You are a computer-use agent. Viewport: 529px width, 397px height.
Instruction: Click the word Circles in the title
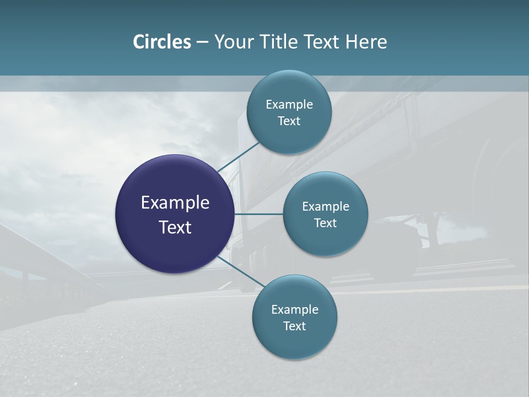click(161, 42)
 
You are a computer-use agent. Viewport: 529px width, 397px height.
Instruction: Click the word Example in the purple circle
click(175, 203)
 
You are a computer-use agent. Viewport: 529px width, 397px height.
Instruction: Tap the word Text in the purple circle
click(175, 227)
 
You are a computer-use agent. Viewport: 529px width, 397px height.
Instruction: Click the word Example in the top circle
click(289, 105)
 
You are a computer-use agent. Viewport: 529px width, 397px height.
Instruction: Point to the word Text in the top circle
click(289, 121)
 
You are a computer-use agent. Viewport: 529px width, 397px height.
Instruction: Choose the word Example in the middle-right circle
click(326, 207)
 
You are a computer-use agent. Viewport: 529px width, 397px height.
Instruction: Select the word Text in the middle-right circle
click(326, 223)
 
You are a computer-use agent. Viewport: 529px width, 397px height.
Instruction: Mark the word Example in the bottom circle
click(295, 310)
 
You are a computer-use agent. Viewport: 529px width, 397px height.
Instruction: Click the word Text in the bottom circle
click(295, 326)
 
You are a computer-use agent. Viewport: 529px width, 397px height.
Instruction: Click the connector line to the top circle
click(239, 157)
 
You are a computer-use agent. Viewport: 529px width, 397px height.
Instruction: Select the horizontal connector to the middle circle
click(258, 214)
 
